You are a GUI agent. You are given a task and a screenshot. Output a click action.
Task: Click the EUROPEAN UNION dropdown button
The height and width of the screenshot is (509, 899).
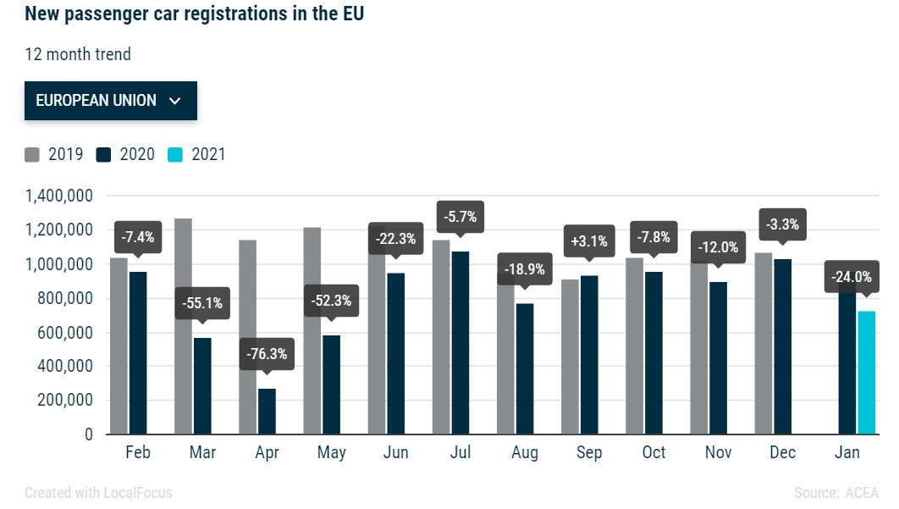[x=110, y=101]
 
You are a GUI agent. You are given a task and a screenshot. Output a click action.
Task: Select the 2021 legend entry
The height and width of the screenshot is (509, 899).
[x=198, y=154]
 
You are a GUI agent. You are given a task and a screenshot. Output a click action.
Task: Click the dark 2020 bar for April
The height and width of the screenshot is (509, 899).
[x=267, y=412]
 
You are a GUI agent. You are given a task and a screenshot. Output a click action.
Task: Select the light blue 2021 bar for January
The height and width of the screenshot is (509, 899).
[x=866, y=373]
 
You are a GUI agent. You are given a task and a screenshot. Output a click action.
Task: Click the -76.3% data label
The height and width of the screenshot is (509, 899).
[x=267, y=354]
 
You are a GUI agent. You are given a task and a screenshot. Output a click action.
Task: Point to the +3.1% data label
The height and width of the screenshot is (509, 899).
[x=589, y=241]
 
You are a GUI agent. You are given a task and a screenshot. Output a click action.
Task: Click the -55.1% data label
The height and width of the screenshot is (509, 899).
[x=202, y=302]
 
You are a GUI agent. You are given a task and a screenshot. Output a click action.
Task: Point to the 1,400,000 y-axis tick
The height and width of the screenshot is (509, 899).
[x=58, y=196]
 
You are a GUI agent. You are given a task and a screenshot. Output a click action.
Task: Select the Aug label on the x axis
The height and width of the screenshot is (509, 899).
[x=525, y=453]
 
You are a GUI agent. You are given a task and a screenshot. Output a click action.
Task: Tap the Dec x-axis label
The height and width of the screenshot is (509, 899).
[x=783, y=453]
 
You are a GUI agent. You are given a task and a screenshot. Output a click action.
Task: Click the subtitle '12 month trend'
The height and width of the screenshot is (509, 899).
[x=78, y=54]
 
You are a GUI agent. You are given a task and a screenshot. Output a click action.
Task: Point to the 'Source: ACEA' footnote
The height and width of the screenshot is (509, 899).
[x=836, y=493]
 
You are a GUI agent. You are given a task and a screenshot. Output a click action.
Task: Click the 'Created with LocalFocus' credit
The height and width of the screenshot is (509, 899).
[x=98, y=493]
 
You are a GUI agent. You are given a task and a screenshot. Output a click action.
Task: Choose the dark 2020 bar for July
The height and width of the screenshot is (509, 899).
[x=461, y=343]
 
